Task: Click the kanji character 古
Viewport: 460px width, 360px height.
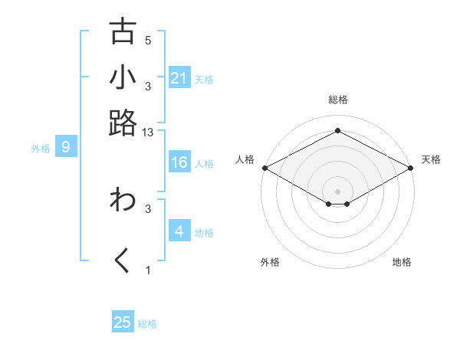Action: [123, 31]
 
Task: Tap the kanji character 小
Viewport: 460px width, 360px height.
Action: [123, 77]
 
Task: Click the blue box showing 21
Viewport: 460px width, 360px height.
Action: [179, 78]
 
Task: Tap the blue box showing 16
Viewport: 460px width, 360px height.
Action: [179, 162]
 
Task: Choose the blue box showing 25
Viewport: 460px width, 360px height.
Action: [123, 322]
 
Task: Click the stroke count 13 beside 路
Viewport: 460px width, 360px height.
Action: [148, 133]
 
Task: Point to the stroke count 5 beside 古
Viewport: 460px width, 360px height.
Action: [148, 41]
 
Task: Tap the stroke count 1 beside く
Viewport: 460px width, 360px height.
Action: [148, 270]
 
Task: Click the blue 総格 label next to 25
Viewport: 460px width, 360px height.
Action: [147, 324]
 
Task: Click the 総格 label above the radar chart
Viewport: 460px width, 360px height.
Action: [337, 100]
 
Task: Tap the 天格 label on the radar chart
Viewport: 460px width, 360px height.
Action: [431, 159]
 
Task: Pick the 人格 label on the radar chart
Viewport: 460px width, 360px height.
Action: [245, 159]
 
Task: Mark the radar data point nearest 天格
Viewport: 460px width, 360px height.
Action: [412, 168]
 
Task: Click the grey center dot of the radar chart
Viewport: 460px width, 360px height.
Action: [338, 191]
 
